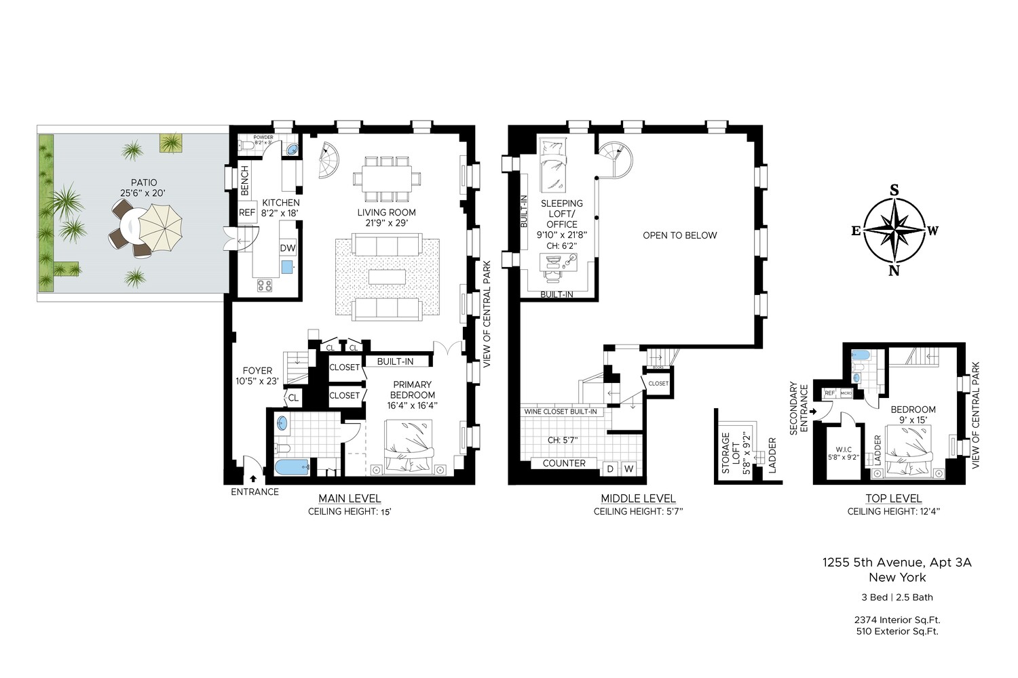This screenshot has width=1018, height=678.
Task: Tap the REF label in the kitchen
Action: coord(247,212)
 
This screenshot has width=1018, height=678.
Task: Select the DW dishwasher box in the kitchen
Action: coord(288,248)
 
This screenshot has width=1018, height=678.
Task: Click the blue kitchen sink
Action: coord(286,266)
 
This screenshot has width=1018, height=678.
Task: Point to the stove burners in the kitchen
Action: coord(265,285)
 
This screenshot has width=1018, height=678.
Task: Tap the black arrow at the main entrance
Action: coord(254,479)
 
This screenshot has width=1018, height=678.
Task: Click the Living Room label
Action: coord(386,212)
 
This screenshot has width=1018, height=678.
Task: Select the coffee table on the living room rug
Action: coord(387,277)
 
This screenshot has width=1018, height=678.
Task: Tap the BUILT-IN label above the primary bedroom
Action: coord(395,361)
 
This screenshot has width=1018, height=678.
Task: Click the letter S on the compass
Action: coord(894,191)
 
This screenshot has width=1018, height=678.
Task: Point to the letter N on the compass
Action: coord(894,271)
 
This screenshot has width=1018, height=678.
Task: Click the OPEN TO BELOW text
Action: coord(679,235)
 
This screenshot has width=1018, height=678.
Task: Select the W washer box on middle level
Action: coord(628,468)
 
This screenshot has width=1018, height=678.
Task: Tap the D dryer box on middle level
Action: coord(610,468)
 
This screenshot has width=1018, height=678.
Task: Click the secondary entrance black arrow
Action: coord(813,411)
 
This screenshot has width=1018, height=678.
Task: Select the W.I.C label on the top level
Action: coord(844,449)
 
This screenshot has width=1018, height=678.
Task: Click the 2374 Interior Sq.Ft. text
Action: coord(897,620)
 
